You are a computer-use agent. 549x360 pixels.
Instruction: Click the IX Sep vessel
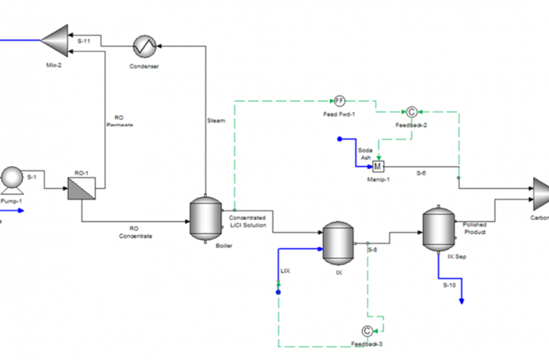coord(437,229)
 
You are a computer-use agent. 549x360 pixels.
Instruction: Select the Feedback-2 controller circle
coord(411,112)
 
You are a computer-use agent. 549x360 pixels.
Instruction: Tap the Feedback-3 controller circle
coord(367,330)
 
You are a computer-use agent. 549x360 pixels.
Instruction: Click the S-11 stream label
coord(84,42)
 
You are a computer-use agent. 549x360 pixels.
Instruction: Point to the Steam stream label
coord(216,120)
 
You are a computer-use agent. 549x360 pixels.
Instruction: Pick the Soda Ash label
coord(365,154)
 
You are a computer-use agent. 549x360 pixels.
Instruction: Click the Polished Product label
coord(474,228)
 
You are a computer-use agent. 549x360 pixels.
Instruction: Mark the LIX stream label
coord(285,271)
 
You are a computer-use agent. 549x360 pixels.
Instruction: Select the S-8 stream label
coord(372,250)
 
